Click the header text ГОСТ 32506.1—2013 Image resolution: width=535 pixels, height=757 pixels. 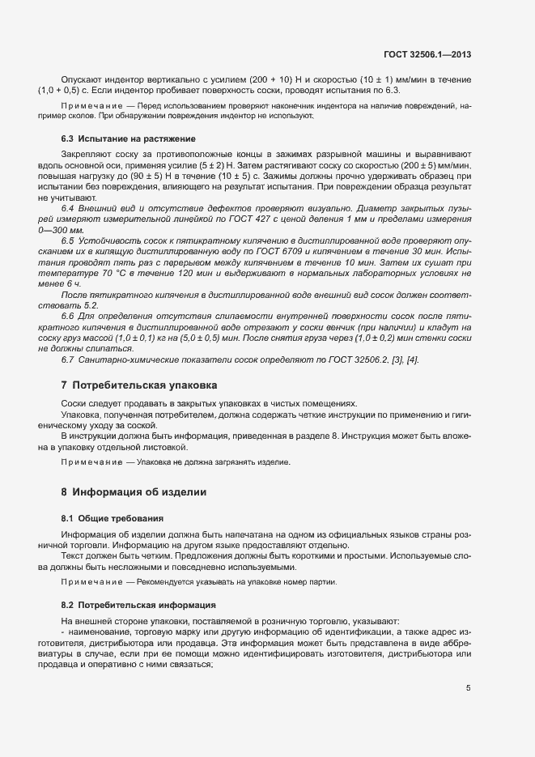[x=427, y=55]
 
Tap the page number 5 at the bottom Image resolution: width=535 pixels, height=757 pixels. [x=468, y=688]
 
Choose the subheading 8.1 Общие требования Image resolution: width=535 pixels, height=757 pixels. [x=112, y=517]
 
